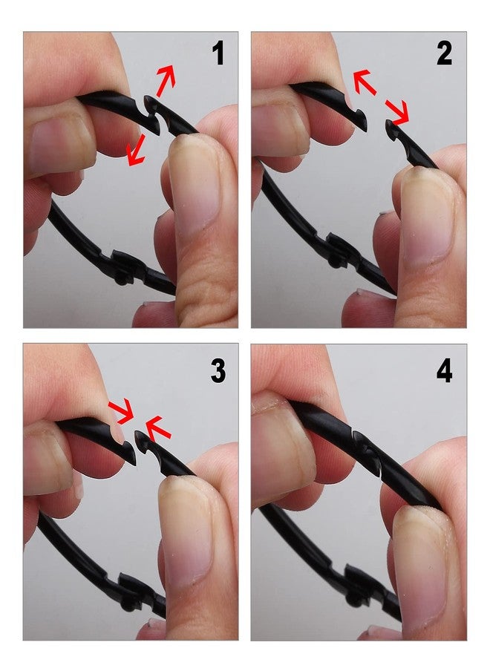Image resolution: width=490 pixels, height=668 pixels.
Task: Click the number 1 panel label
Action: tap(218, 53)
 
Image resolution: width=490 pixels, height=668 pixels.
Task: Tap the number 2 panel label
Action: tap(444, 53)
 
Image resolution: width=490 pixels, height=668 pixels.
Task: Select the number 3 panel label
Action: tap(218, 370)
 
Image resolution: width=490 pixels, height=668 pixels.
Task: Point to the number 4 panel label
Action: tap(444, 370)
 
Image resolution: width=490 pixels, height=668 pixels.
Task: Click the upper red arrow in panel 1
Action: tap(166, 80)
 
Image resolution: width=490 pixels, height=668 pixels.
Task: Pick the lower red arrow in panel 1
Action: tap(136, 149)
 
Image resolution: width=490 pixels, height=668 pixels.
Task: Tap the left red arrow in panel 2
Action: tap(365, 82)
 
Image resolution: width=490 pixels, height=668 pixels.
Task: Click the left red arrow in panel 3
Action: tap(121, 412)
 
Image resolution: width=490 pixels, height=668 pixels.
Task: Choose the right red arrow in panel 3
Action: tap(158, 428)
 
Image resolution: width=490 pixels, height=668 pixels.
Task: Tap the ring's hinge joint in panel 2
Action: tap(341, 252)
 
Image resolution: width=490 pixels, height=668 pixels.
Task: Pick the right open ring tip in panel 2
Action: tap(391, 128)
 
